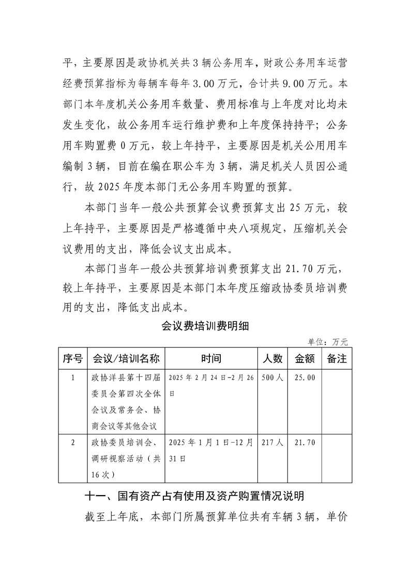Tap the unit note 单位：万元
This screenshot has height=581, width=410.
[328, 342]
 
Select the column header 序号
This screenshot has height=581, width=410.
[72, 358]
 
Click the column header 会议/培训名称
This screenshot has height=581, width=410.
[125, 358]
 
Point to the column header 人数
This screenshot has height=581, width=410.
[272, 358]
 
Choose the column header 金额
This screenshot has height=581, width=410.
[305, 358]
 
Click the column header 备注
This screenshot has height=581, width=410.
[337, 358]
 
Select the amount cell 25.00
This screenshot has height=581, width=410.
[305, 378]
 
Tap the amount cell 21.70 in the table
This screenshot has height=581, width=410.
[305, 443]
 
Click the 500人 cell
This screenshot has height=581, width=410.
[272, 378]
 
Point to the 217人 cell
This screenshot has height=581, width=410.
[272, 443]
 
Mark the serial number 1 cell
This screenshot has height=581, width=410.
[72, 378]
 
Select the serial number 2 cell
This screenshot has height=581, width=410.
[72, 443]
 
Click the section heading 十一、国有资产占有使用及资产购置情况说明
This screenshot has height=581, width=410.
[194, 496]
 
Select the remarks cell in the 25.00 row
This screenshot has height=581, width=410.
[337, 401]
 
